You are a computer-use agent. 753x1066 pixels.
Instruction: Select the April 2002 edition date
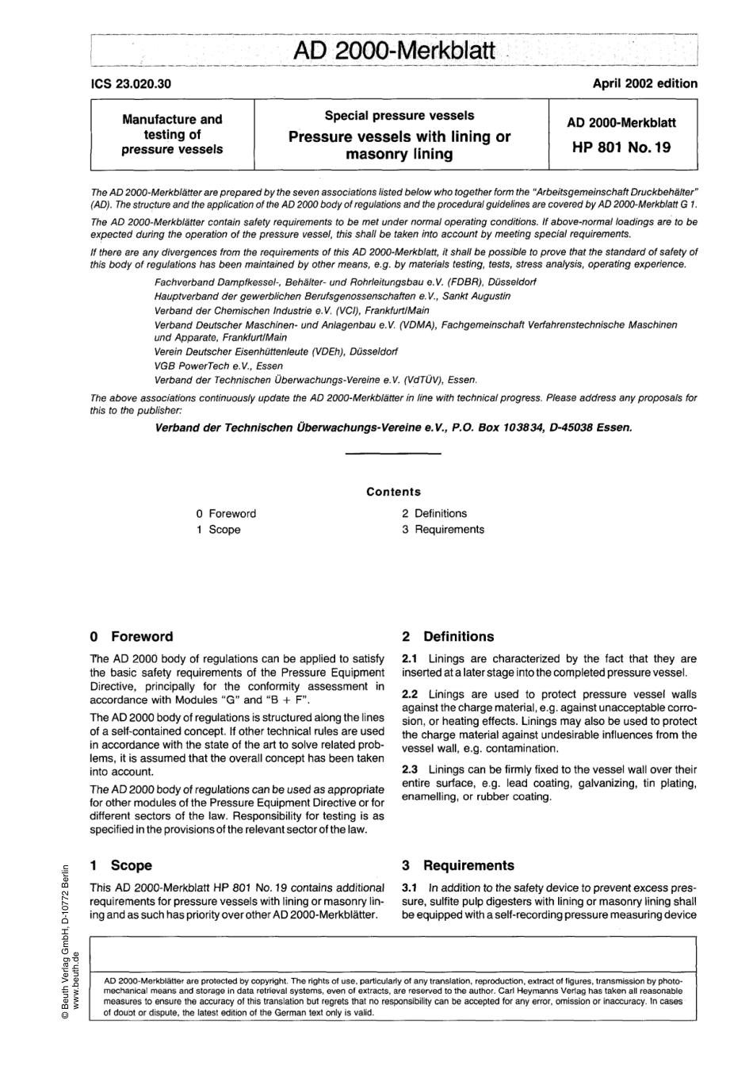coord(644,83)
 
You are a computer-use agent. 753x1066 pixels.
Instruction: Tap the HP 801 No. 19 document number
coord(621,147)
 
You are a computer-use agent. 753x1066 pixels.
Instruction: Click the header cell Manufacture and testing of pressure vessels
coord(172,134)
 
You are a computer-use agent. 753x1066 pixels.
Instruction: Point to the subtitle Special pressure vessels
coord(399,116)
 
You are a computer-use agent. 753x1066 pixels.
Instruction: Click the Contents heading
coord(393,492)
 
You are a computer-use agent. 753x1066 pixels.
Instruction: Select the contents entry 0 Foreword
coord(227,514)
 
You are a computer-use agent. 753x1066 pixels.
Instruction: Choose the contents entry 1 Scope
coord(219,530)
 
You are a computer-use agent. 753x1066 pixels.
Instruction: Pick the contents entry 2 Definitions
coord(434,514)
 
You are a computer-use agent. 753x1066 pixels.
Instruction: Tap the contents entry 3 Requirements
coord(442,530)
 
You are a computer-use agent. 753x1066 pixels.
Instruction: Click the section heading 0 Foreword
coord(132,637)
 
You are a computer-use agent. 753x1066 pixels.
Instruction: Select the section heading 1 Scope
coord(120,865)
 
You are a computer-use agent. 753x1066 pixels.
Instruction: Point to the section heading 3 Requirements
coord(457,865)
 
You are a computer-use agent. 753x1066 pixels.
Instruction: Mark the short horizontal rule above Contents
coord(393,454)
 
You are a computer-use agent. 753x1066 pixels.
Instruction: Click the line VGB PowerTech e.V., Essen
coord(218,366)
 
